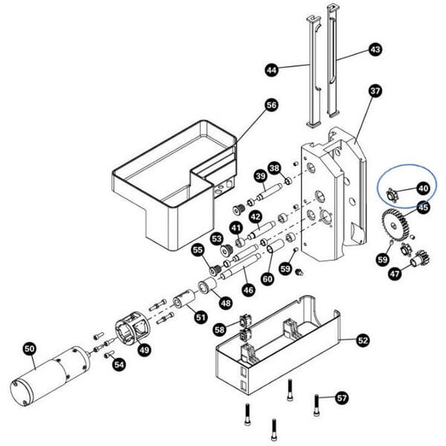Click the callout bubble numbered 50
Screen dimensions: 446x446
tap(30, 347)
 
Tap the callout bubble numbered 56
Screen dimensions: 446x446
tap(271, 106)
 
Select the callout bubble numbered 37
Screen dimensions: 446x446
tap(375, 91)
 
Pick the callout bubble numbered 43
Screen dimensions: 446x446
tap(375, 50)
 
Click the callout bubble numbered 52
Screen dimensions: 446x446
tap(362, 340)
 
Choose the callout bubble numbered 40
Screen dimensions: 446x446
tap(422, 189)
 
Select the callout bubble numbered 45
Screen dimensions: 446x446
tap(422, 207)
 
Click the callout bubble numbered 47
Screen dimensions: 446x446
tap(394, 274)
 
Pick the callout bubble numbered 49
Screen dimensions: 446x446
tap(144, 350)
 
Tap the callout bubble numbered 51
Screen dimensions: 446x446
tap(201, 317)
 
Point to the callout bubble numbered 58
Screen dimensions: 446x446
tap(219, 329)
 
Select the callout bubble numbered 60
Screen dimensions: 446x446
tap(267, 278)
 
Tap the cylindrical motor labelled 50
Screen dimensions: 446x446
tap(52, 375)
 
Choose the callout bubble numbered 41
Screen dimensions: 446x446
tap(236, 227)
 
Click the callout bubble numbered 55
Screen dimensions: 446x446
tap(198, 251)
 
